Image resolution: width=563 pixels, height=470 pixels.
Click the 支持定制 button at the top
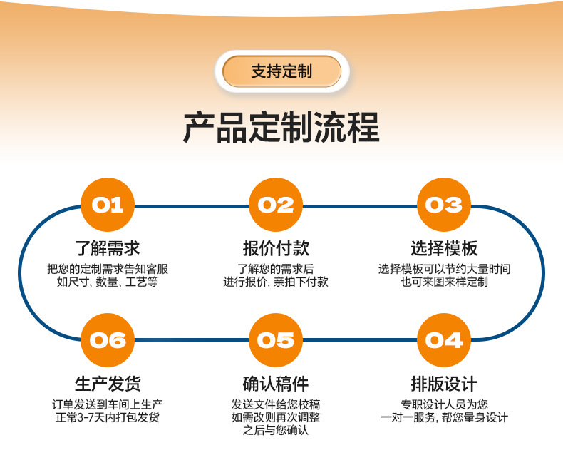(281, 71)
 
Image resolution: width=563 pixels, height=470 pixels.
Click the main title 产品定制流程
(281, 128)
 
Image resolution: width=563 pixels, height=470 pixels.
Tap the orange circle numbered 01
(108, 205)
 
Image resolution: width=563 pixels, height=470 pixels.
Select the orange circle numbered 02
(276, 205)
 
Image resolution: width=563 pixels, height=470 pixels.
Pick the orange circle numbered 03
(444, 205)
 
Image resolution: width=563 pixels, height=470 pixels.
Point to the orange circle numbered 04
(444, 340)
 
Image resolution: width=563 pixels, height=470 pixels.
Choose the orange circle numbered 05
(276, 340)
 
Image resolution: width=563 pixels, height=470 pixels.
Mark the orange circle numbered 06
(108, 340)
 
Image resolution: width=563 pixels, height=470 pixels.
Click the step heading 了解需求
(108, 248)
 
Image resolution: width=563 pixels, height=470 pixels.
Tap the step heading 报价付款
(276, 248)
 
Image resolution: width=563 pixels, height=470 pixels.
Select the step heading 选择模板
(444, 248)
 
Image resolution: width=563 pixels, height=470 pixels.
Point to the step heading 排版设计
(444, 384)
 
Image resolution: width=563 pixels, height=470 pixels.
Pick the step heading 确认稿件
(276, 384)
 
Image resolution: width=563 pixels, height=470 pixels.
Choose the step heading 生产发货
(108, 384)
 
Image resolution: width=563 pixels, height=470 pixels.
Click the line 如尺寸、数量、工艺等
(108, 282)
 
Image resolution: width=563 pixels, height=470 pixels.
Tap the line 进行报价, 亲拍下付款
(276, 282)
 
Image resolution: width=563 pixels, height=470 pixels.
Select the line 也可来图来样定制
(444, 282)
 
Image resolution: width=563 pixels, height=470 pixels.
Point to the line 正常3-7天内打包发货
(108, 417)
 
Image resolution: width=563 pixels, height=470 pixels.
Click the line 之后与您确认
(276, 431)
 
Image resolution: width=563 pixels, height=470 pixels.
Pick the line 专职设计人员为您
(444, 404)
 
